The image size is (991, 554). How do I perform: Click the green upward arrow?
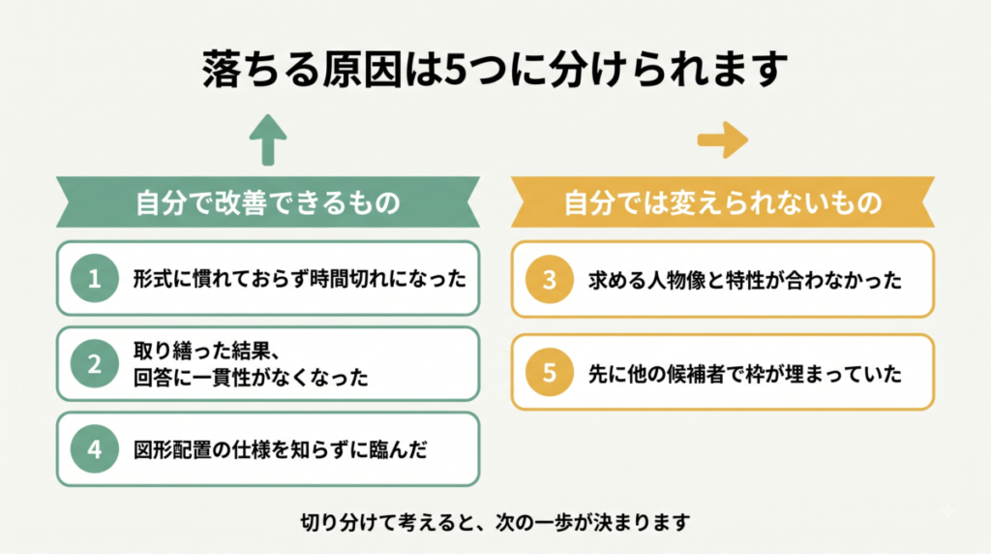[268, 140]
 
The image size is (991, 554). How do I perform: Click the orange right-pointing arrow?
[722, 139]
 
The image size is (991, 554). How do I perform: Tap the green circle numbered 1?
[95, 278]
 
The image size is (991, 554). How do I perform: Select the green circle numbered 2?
[95, 363]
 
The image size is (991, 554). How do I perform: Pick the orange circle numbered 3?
[550, 279]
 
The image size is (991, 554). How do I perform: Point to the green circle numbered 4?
[95, 449]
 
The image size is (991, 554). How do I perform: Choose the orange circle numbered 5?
[550, 373]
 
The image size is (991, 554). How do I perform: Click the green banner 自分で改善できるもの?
[268, 202]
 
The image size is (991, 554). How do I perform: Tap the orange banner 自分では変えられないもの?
[722, 202]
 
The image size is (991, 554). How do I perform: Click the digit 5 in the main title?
[455, 70]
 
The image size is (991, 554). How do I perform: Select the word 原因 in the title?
[362, 69]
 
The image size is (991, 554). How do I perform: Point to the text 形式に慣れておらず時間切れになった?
[300, 278]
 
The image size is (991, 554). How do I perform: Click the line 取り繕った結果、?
[206, 351]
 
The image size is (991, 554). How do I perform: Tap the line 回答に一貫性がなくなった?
[251, 378]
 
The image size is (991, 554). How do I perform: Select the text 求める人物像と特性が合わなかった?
[744, 280]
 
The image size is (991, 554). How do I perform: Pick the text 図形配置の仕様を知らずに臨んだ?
[280, 449]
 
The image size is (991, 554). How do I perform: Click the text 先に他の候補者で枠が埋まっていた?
[744, 373]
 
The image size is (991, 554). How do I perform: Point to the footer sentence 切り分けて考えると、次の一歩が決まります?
[495, 522]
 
